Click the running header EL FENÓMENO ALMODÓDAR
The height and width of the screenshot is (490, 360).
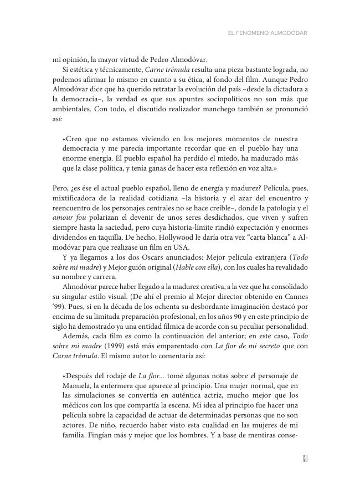[268, 33]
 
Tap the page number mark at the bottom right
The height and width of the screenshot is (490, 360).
[304, 458]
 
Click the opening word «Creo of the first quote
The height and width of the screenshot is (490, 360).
[74, 138]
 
